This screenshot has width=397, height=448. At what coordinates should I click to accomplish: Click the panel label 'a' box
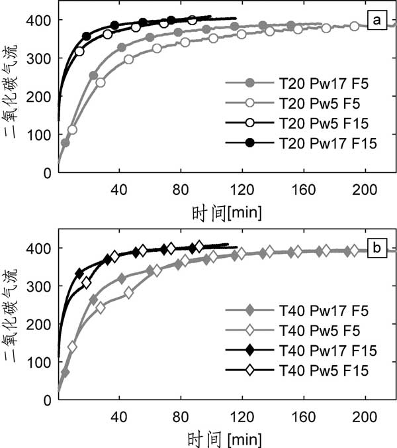(x=377, y=22)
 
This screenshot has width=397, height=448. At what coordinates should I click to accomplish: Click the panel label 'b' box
(x=377, y=249)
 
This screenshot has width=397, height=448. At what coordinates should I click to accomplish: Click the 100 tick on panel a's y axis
(x=41, y=135)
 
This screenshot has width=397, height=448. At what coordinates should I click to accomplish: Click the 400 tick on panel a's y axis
(x=41, y=21)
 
